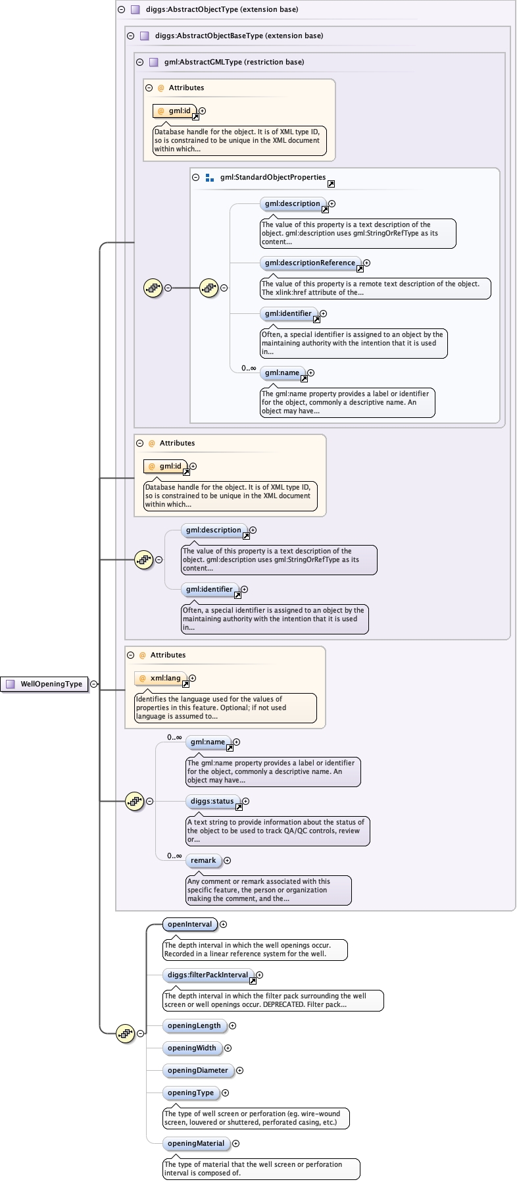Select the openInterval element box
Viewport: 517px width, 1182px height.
(x=189, y=924)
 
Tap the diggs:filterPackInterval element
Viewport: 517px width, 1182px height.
(x=207, y=975)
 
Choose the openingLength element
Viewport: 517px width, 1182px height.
(x=194, y=1025)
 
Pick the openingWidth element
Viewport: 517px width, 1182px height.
(x=191, y=1048)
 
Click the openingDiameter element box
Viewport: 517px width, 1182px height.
(x=197, y=1070)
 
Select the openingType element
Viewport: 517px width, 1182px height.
(x=190, y=1092)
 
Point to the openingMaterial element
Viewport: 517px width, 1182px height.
(x=195, y=1143)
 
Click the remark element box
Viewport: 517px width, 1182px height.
(x=203, y=860)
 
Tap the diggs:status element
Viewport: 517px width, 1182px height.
(x=212, y=801)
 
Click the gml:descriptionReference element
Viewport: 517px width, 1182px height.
(x=310, y=263)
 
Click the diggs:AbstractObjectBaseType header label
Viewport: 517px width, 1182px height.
(x=239, y=36)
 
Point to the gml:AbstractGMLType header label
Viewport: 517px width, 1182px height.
(x=234, y=62)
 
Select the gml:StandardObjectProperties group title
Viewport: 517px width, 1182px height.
(x=273, y=177)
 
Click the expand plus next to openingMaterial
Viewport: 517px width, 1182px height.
(x=236, y=1143)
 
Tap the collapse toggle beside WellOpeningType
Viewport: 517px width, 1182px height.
(x=94, y=684)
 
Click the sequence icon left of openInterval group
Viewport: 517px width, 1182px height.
(x=125, y=1033)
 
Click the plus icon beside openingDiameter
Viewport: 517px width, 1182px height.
(x=239, y=1070)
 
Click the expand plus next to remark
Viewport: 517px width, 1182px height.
(x=227, y=860)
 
